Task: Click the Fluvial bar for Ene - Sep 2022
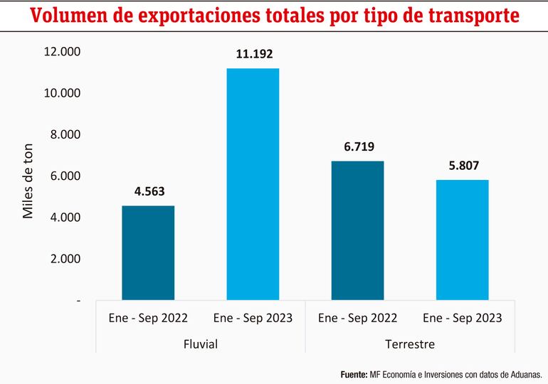(x=148, y=252)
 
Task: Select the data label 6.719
(x=357, y=146)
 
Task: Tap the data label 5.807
(x=462, y=166)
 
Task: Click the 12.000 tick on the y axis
(x=62, y=52)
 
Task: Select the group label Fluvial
(x=200, y=344)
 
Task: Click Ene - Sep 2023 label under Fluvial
(x=253, y=318)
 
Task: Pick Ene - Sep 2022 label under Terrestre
(x=357, y=318)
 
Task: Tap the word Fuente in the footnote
(x=354, y=373)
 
